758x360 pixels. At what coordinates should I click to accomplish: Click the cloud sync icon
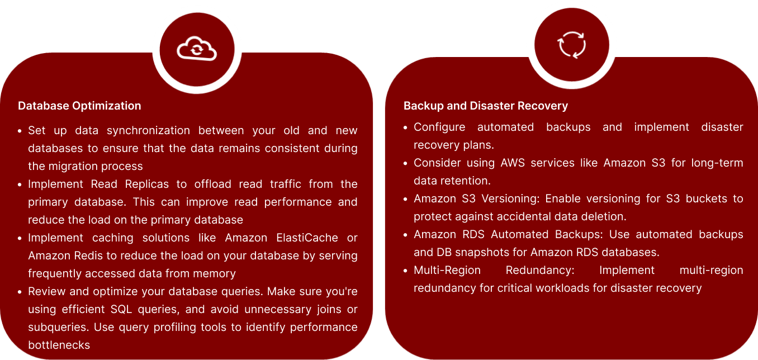[197, 49]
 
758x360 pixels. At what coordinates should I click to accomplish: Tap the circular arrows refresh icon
[571, 45]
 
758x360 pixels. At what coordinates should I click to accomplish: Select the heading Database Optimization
[79, 106]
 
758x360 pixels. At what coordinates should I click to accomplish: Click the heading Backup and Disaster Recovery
[486, 106]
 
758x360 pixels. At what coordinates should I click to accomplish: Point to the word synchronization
[148, 131]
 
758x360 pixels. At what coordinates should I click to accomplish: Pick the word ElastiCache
[307, 238]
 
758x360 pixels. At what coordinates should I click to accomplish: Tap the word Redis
[88, 255]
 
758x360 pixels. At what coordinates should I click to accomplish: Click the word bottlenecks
[59, 345]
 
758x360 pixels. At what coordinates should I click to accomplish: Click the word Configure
[439, 127]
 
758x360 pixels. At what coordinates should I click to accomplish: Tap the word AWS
[513, 163]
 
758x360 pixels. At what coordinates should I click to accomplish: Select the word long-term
[717, 163]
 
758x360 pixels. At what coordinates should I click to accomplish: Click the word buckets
[707, 198]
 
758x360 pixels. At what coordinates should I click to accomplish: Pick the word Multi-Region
[447, 270]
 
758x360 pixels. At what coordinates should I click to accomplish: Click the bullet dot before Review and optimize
[20, 292]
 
